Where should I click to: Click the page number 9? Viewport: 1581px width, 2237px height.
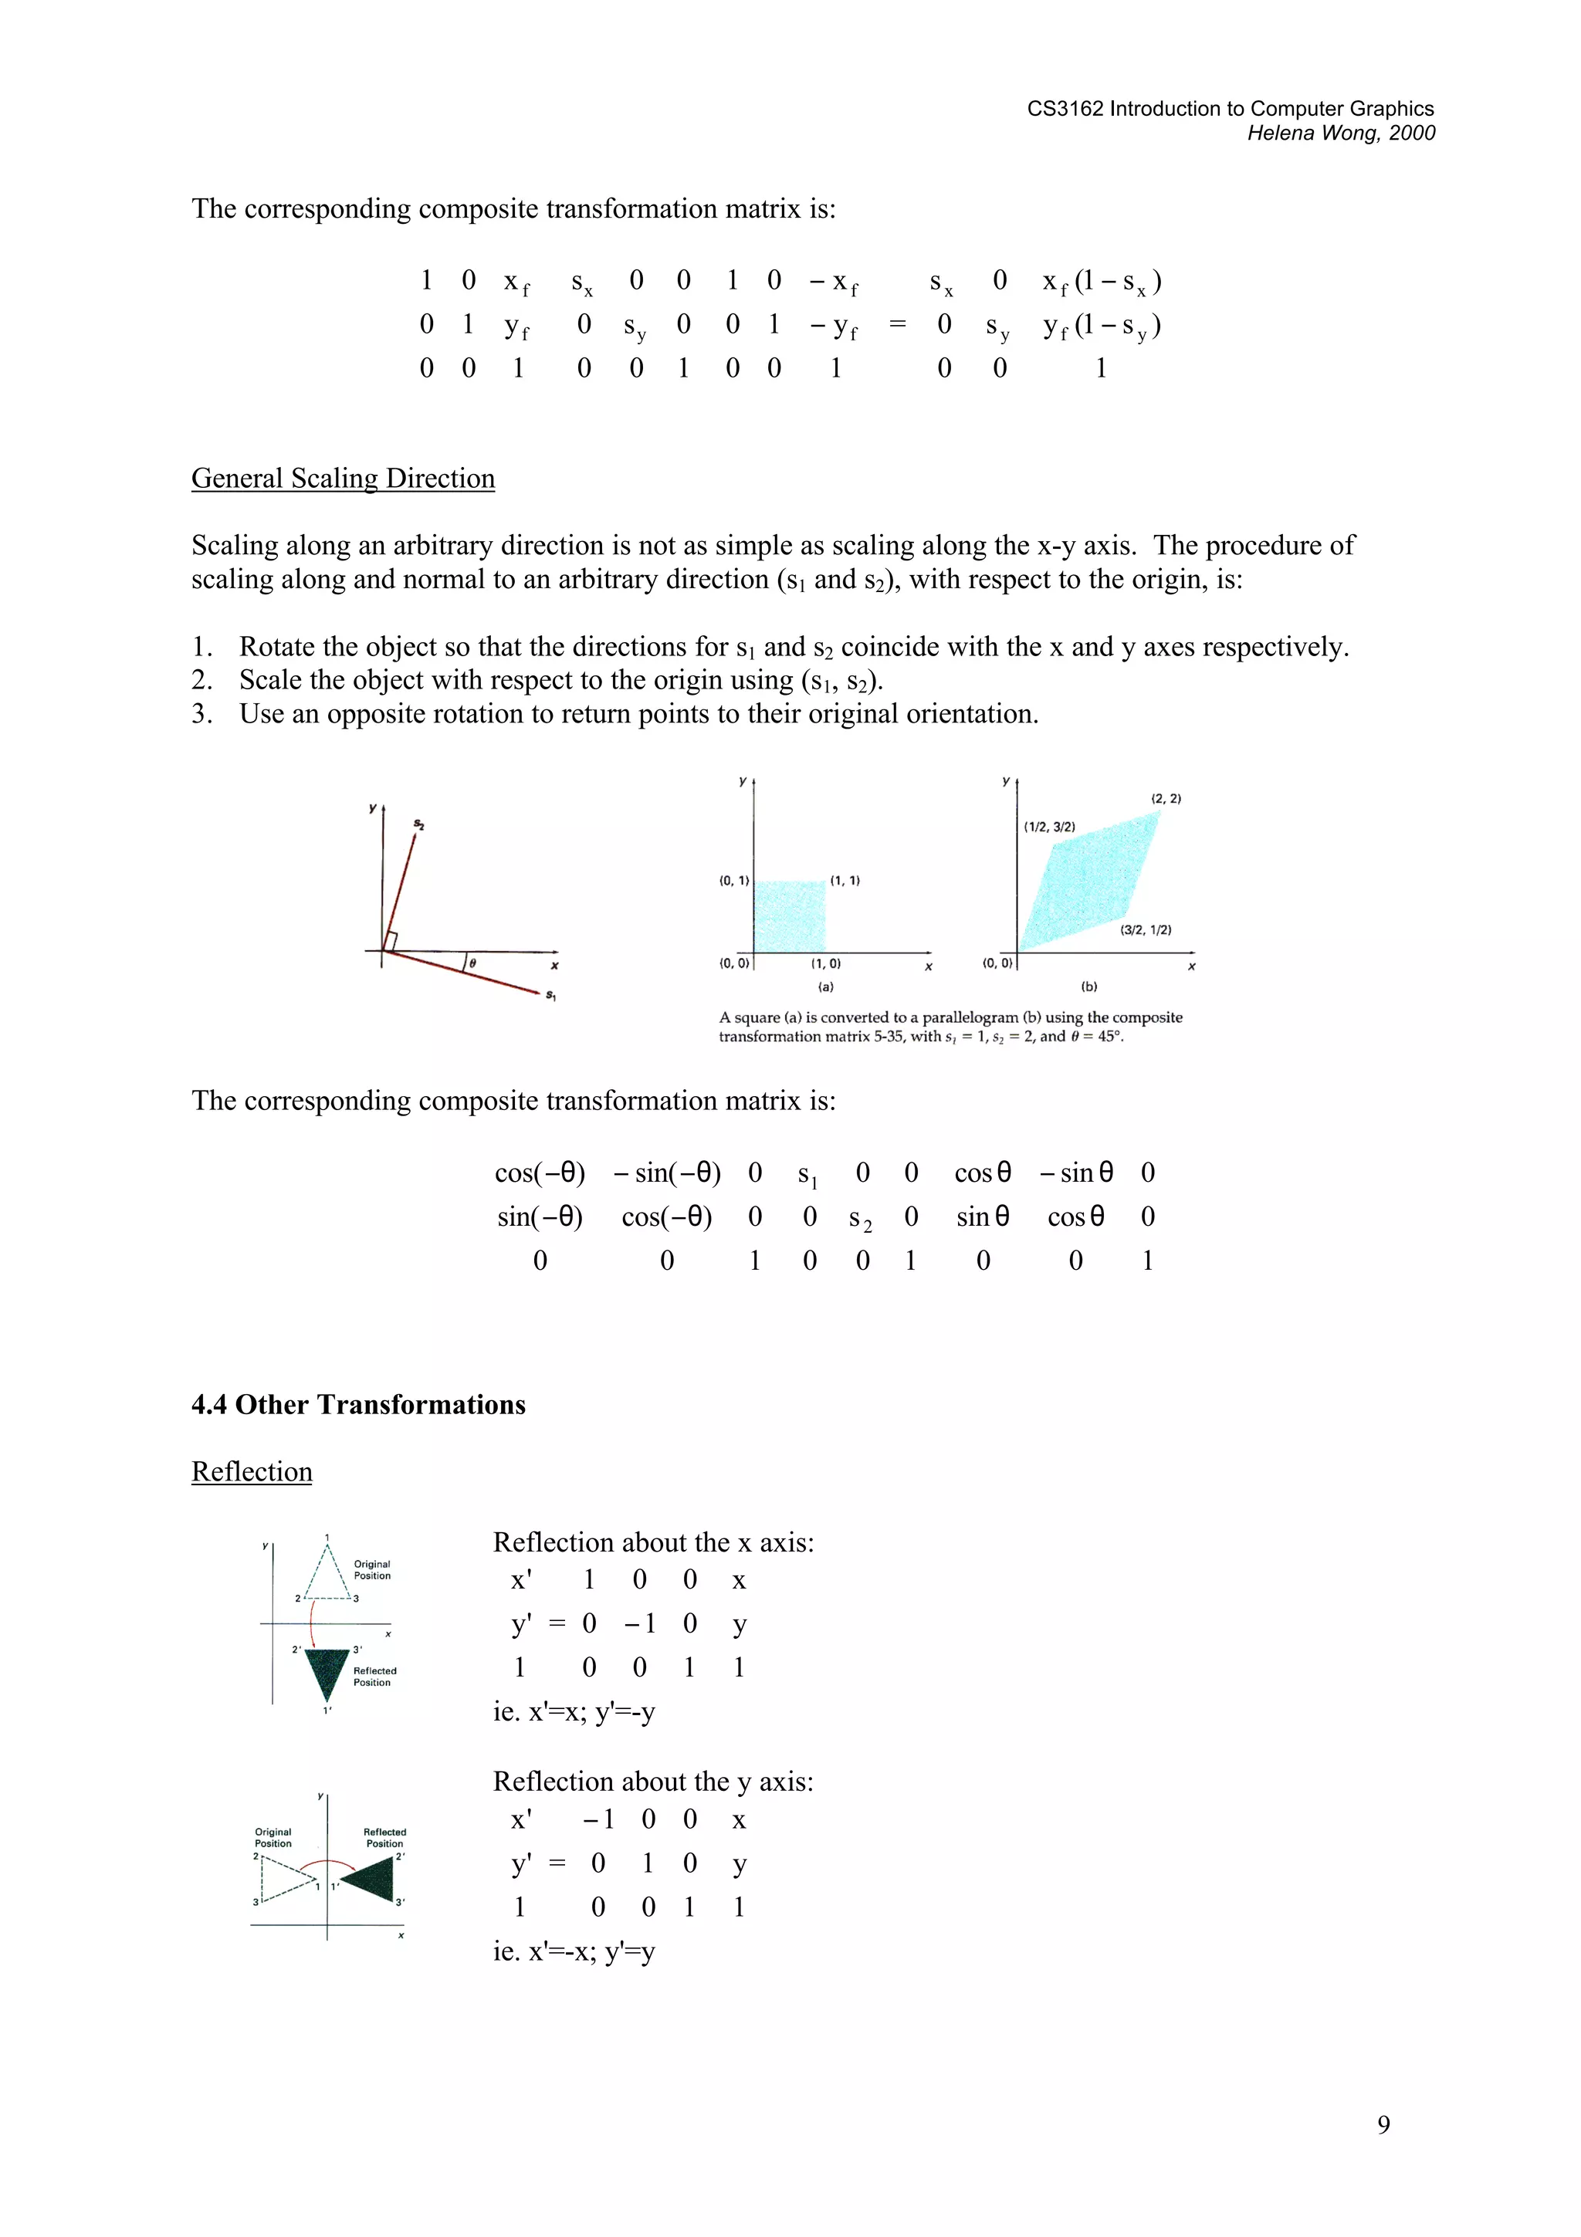pyautogui.click(x=1383, y=2124)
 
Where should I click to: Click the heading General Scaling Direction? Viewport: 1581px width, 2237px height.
pyautogui.click(x=343, y=479)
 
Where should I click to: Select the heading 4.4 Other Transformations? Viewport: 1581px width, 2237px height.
pyautogui.click(x=358, y=1404)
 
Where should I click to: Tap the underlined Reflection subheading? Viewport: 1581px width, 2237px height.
pyautogui.click(x=252, y=1471)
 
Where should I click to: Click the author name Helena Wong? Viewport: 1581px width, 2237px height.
pyautogui.click(x=1311, y=134)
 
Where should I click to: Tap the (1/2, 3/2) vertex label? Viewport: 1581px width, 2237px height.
pyautogui.click(x=1049, y=827)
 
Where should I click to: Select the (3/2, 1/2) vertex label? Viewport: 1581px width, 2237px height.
pyautogui.click(x=1146, y=929)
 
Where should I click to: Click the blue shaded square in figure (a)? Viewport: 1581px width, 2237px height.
pyautogui.click(x=790, y=915)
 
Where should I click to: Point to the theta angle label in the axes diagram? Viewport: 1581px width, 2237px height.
pyautogui.click(x=472, y=963)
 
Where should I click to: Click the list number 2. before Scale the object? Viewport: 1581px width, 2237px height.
pyautogui.click(x=201, y=680)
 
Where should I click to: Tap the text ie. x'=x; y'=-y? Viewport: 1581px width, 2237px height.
pyautogui.click(x=574, y=1712)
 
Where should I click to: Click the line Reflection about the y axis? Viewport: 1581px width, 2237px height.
pyautogui.click(x=652, y=1781)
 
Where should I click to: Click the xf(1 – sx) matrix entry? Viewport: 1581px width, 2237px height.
pyautogui.click(x=1101, y=282)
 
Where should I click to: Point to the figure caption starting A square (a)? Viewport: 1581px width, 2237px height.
pyautogui.click(x=950, y=1026)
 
